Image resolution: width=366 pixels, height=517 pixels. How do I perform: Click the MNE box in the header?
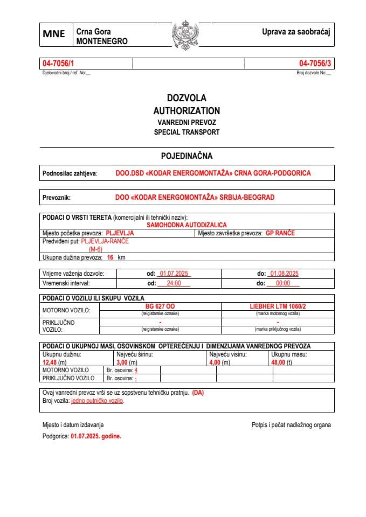click(x=54, y=34)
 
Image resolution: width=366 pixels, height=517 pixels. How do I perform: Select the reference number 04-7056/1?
click(x=58, y=64)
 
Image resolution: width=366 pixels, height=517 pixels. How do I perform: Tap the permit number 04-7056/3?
click(x=315, y=64)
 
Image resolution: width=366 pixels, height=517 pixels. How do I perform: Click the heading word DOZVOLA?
click(x=187, y=98)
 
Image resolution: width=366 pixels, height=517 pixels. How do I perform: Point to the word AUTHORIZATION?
click(x=187, y=110)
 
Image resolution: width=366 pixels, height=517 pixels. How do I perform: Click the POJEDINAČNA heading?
click(x=187, y=156)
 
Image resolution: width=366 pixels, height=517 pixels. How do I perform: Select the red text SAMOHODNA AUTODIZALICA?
click(x=187, y=225)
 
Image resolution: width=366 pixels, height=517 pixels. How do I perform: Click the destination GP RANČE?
click(x=280, y=233)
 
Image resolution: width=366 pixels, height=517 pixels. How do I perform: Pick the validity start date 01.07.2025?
click(x=174, y=274)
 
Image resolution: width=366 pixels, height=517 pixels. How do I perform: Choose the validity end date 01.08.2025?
click(x=284, y=274)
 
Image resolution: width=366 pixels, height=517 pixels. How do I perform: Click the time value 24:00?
click(x=174, y=283)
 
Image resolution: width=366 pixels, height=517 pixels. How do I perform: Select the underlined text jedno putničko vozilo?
click(x=98, y=401)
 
